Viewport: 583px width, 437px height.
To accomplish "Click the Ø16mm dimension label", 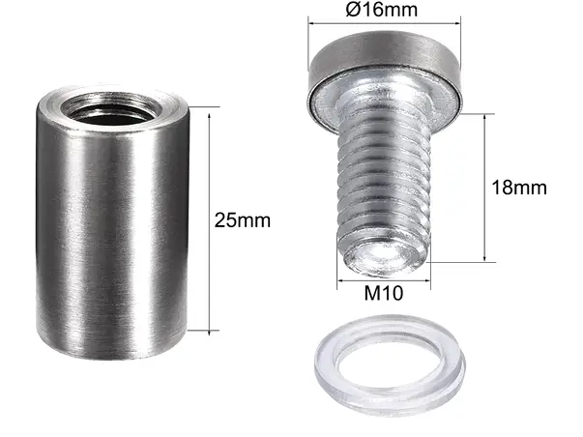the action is tap(382, 9).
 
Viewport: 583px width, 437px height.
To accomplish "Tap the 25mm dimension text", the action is tap(243, 220).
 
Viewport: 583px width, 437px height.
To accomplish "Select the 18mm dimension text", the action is tap(519, 188).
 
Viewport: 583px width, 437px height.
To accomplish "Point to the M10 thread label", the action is tap(383, 293).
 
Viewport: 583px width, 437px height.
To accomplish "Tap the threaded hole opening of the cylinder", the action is tap(111, 109).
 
